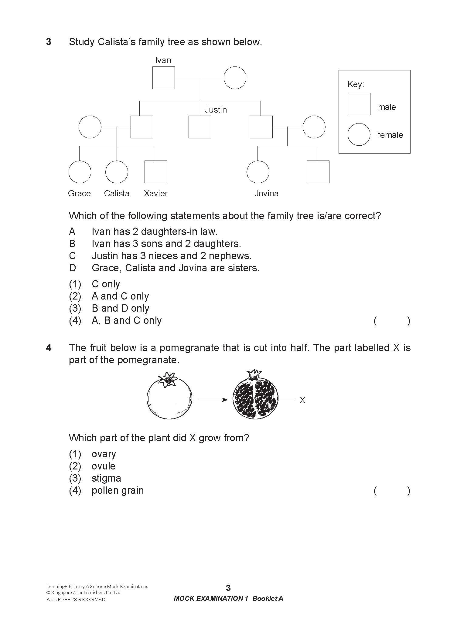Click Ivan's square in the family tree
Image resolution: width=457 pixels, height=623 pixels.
pos(163,78)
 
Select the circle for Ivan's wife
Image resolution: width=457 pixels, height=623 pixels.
pos(235,78)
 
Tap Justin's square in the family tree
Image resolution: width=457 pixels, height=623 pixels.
pos(200,127)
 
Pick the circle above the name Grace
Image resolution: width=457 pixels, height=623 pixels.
pos(80,172)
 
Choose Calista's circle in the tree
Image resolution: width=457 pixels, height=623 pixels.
pos(117,172)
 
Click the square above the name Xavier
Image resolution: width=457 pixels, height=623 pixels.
pos(156,172)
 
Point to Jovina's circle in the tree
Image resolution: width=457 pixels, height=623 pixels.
pos(258,172)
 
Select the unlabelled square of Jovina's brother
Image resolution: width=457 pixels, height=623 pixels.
pos(318,172)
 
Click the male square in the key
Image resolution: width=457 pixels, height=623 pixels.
pos(359,104)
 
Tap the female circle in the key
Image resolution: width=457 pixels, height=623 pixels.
pos(359,134)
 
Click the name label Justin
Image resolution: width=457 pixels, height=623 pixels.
pos(216,110)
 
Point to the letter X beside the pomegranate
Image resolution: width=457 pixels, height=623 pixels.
pos(302,400)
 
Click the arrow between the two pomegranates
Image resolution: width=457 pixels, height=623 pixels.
pos(213,400)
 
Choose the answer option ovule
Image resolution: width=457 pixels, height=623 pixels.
pos(103,466)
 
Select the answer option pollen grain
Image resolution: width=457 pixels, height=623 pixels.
pos(118,490)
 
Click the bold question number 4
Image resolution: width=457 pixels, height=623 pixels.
pos(49,348)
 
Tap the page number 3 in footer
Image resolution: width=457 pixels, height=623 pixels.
pos(228,588)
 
